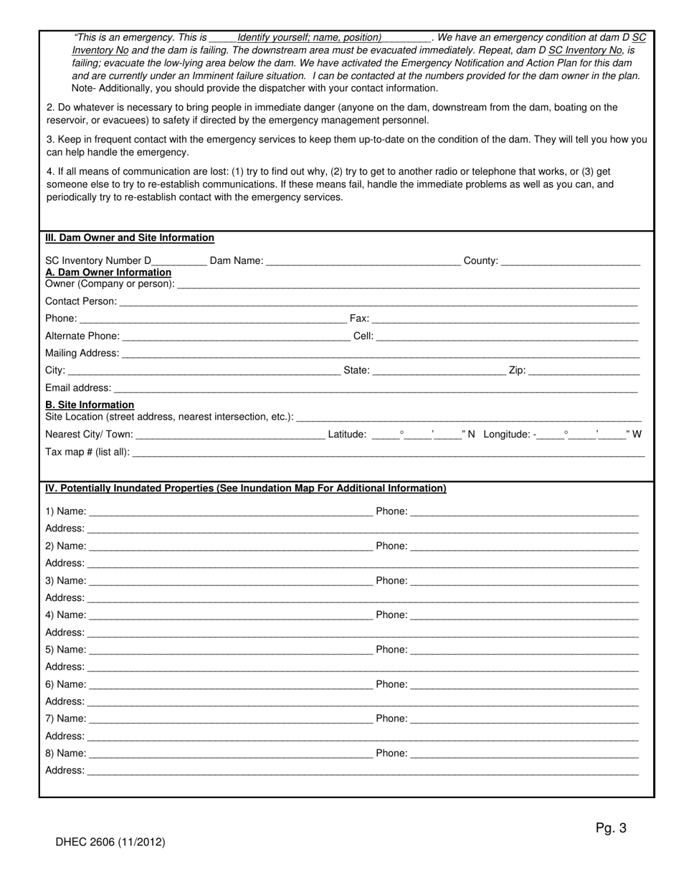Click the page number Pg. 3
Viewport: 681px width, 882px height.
tap(611, 828)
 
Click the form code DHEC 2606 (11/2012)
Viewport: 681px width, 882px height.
tap(110, 843)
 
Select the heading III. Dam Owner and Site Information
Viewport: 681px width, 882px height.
tap(130, 238)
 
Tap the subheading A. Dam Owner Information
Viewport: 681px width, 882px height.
tap(108, 272)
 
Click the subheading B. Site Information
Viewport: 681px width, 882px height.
tap(90, 405)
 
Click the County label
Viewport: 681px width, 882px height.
tap(480, 261)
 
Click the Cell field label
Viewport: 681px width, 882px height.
tap(363, 336)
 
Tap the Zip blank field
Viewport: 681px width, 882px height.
tap(584, 372)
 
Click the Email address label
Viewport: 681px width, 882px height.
tap(78, 388)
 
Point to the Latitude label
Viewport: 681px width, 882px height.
tap(347, 435)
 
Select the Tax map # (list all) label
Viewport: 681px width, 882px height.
tap(87, 452)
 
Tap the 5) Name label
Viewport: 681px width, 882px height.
tap(65, 650)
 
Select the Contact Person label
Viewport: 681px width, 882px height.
tap(80, 301)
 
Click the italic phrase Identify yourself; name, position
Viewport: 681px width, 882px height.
tap(309, 37)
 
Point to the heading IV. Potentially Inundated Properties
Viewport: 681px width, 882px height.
tap(245, 488)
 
